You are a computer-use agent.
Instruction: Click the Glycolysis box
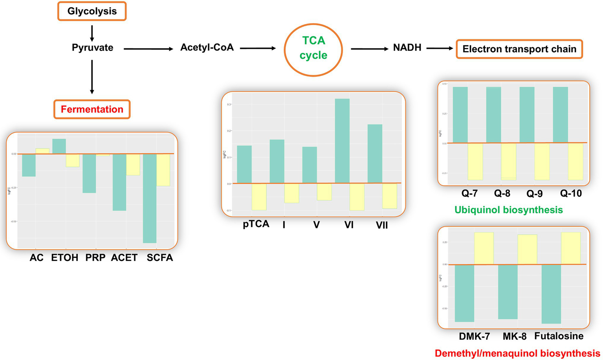(92, 11)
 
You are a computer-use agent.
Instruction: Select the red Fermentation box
(92, 109)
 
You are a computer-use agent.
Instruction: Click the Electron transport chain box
(519, 49)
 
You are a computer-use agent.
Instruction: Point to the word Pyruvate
(92, 48)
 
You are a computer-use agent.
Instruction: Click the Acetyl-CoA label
(207, 48)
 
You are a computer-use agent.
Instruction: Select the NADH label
(407, 48)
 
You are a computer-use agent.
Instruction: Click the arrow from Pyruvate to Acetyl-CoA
(148, 49)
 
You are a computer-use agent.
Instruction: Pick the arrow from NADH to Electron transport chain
(440, 48)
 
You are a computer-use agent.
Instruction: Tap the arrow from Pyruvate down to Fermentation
(92, 77)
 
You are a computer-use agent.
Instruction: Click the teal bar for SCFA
(150, 198)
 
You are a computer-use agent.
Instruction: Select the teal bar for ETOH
(59, 146)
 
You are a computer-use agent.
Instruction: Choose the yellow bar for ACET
(133, 164)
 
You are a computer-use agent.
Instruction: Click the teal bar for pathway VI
(342, 141)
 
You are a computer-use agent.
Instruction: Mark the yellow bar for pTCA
(259, 197)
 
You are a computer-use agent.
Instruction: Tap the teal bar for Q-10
(560, 115)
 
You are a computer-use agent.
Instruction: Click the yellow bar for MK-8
(527, 249)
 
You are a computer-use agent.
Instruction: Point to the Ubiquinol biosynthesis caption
(508, 210)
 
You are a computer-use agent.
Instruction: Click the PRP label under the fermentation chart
(95, 258)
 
